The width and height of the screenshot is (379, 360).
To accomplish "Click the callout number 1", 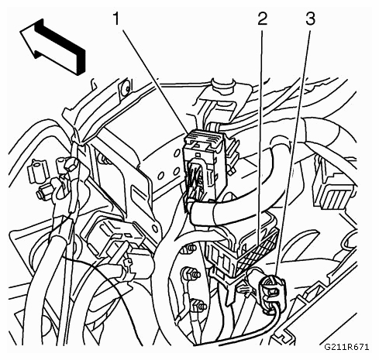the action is point(117,19).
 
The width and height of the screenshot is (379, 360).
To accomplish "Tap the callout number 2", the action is point(263,19).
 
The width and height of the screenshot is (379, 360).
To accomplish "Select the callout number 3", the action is point(311,19).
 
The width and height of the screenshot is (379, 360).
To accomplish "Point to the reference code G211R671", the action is point(346,347).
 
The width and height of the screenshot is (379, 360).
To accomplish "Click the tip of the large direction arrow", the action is point(20,32).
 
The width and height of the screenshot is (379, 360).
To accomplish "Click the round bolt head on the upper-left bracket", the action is point(126,88).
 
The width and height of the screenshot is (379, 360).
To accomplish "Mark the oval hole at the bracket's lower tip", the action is point(155,228).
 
